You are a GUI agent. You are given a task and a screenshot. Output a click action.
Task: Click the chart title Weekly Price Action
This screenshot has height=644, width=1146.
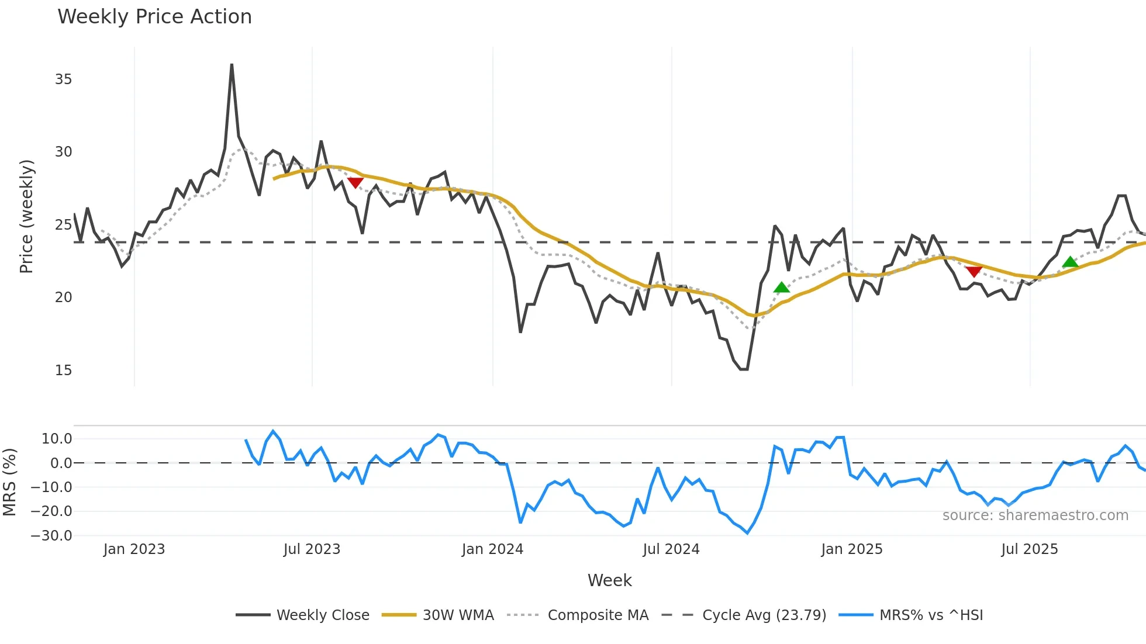[x=154, y=17]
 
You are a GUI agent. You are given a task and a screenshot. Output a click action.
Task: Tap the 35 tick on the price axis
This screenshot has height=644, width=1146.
[x=63, y=79]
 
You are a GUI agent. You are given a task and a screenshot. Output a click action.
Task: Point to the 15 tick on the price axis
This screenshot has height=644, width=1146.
[x=63, y=371]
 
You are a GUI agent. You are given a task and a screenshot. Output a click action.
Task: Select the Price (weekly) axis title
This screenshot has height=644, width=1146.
[x=27, y=216]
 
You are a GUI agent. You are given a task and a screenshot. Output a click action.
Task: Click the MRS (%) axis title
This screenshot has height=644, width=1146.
[x=9, y=482]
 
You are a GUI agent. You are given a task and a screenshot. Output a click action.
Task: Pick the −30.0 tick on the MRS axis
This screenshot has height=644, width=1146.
[x=51, y=536]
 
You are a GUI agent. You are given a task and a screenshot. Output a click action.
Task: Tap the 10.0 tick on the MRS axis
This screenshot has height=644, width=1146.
[x=57, y=439]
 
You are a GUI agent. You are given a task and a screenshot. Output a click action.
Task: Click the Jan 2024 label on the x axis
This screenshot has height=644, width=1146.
[x=492, y=549]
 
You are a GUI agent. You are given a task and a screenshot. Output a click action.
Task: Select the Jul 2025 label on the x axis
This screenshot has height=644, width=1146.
[x=1030, y=549]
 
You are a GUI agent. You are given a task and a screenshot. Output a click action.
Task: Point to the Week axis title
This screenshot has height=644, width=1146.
[x=609, y=580]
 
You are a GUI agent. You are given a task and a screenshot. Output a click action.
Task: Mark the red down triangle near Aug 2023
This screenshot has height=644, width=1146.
[x=355, y=182]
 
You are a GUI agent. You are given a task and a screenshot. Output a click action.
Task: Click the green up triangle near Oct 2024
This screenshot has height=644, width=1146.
[x=782, y=287]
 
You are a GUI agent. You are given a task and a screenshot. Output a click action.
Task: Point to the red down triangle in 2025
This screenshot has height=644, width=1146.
[x=974, y=272]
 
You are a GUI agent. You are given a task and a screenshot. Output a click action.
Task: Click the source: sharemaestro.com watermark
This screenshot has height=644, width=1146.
[x=1035, y=515]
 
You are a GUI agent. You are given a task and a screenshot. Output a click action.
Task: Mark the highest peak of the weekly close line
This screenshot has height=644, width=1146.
[x=232, y=65]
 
